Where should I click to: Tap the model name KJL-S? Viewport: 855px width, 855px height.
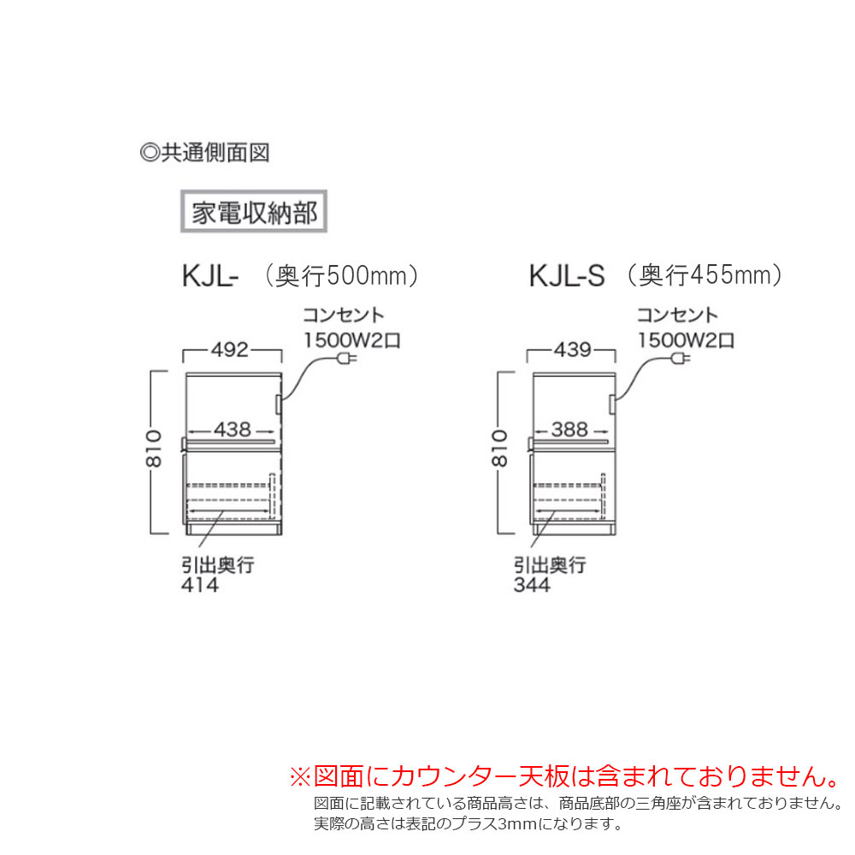[x=567, y=276]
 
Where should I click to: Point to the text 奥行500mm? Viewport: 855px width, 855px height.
[x=340, y=275]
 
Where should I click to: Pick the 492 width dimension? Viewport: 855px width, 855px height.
[x=232, y=350]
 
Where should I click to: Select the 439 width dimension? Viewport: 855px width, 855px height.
[x=572, y=350]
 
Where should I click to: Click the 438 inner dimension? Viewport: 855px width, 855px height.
[x=232, y=430]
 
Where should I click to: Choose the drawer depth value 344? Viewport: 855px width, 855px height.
[x=532, y=585]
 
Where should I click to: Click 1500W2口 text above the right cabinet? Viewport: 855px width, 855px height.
[x=685, y=339]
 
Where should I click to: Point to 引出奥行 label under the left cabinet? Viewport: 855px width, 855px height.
[x=217, y=565]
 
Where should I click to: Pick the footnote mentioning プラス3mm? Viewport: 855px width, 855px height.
[x=467, y=824]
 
